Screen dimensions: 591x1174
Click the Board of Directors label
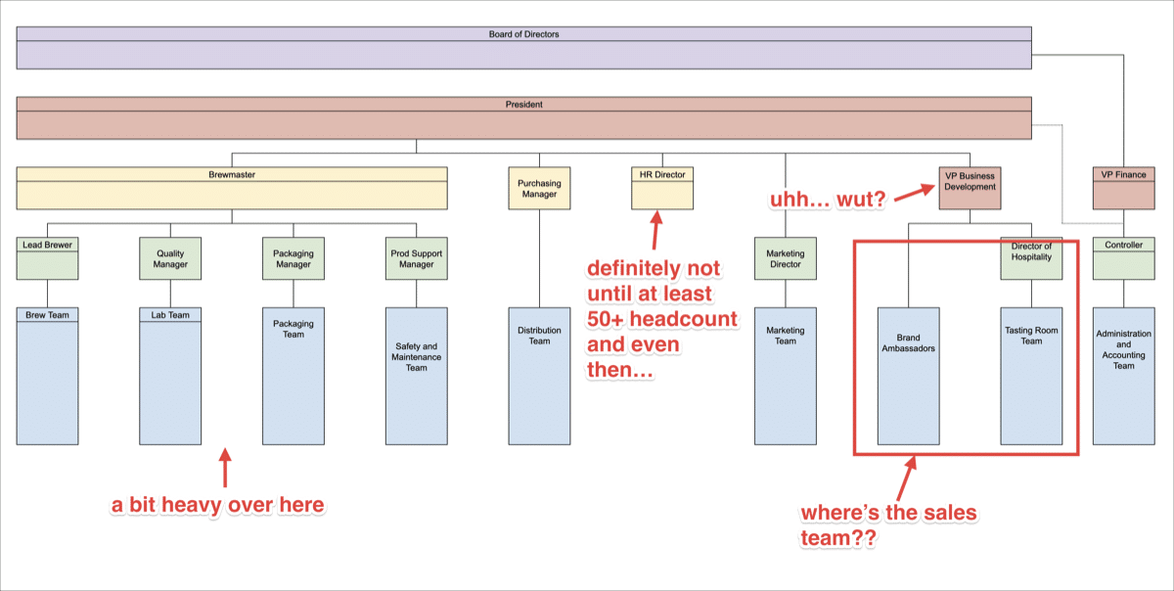coord(523,34)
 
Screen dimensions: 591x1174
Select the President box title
coord(523,105)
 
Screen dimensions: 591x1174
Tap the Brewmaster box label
coord(232,175)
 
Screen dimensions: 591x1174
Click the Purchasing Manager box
coord(539,188)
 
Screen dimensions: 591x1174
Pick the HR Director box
coord(661,188)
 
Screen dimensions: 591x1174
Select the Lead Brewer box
coord(47,258)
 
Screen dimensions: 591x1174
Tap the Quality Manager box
coord(170,258)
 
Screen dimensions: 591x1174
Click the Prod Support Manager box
coord(416,258)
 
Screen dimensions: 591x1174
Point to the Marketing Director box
coord(785,258)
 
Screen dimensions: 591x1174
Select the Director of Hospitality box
coord(1031,258)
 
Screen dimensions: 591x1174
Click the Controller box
coord(1123,258)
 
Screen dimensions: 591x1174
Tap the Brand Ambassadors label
coord(908,343)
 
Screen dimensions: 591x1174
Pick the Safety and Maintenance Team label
coord(417,356)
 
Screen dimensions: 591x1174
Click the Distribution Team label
coord(539,336)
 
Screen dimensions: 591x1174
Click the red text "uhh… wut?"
coord(827,201)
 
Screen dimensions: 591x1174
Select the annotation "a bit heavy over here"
coord(216,505)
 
